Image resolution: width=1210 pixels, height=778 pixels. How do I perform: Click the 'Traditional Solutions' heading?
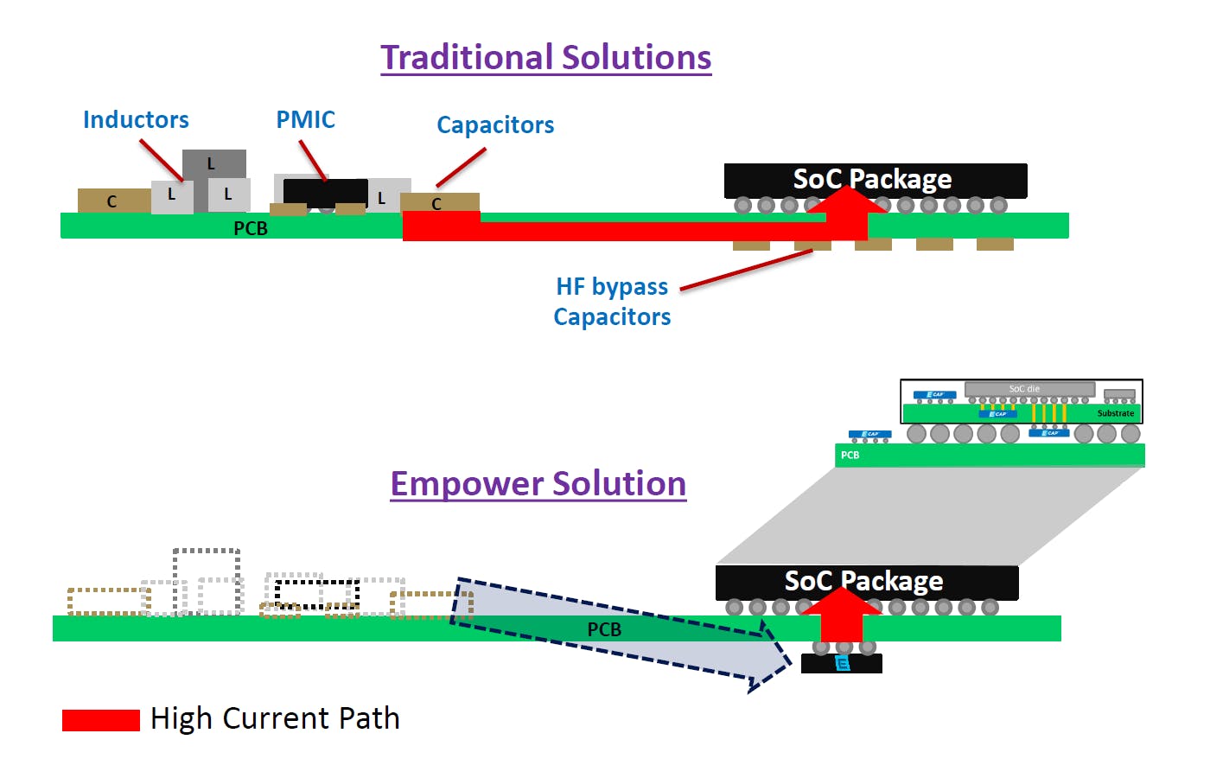coord(545,58)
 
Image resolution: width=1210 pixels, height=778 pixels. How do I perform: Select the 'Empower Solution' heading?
coord(538,484)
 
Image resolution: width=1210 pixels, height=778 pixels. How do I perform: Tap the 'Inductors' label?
coord(136,120)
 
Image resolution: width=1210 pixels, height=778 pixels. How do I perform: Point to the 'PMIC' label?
coord(305,120)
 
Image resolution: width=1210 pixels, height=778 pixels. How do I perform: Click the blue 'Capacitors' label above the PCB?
coord(495,125)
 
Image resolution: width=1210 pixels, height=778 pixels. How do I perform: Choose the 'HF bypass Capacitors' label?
coord(612,302)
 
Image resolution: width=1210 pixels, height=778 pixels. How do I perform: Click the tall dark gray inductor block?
coord(214,164)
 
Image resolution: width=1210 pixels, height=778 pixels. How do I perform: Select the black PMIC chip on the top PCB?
coord(325,192)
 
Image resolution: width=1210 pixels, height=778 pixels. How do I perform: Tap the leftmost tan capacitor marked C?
coord(112,201)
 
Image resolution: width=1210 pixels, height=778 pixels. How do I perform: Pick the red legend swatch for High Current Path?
coord(100,720)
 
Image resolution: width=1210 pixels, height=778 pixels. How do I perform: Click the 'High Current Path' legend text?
coord(275,719)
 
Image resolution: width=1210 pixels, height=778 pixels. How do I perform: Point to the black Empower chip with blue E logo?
coord(842,664)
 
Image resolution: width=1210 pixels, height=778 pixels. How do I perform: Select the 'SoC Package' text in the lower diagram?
coord(863,581)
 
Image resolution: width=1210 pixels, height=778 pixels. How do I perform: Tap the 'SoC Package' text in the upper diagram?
coord(872,179)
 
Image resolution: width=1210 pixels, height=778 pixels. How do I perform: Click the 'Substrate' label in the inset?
coord(1115,413)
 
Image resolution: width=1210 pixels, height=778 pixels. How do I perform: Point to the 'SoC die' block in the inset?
coord(1028,389)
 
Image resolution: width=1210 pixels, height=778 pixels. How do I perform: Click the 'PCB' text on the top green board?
coord(251,228)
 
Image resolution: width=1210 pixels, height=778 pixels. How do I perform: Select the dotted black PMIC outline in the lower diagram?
coord(316,594)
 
